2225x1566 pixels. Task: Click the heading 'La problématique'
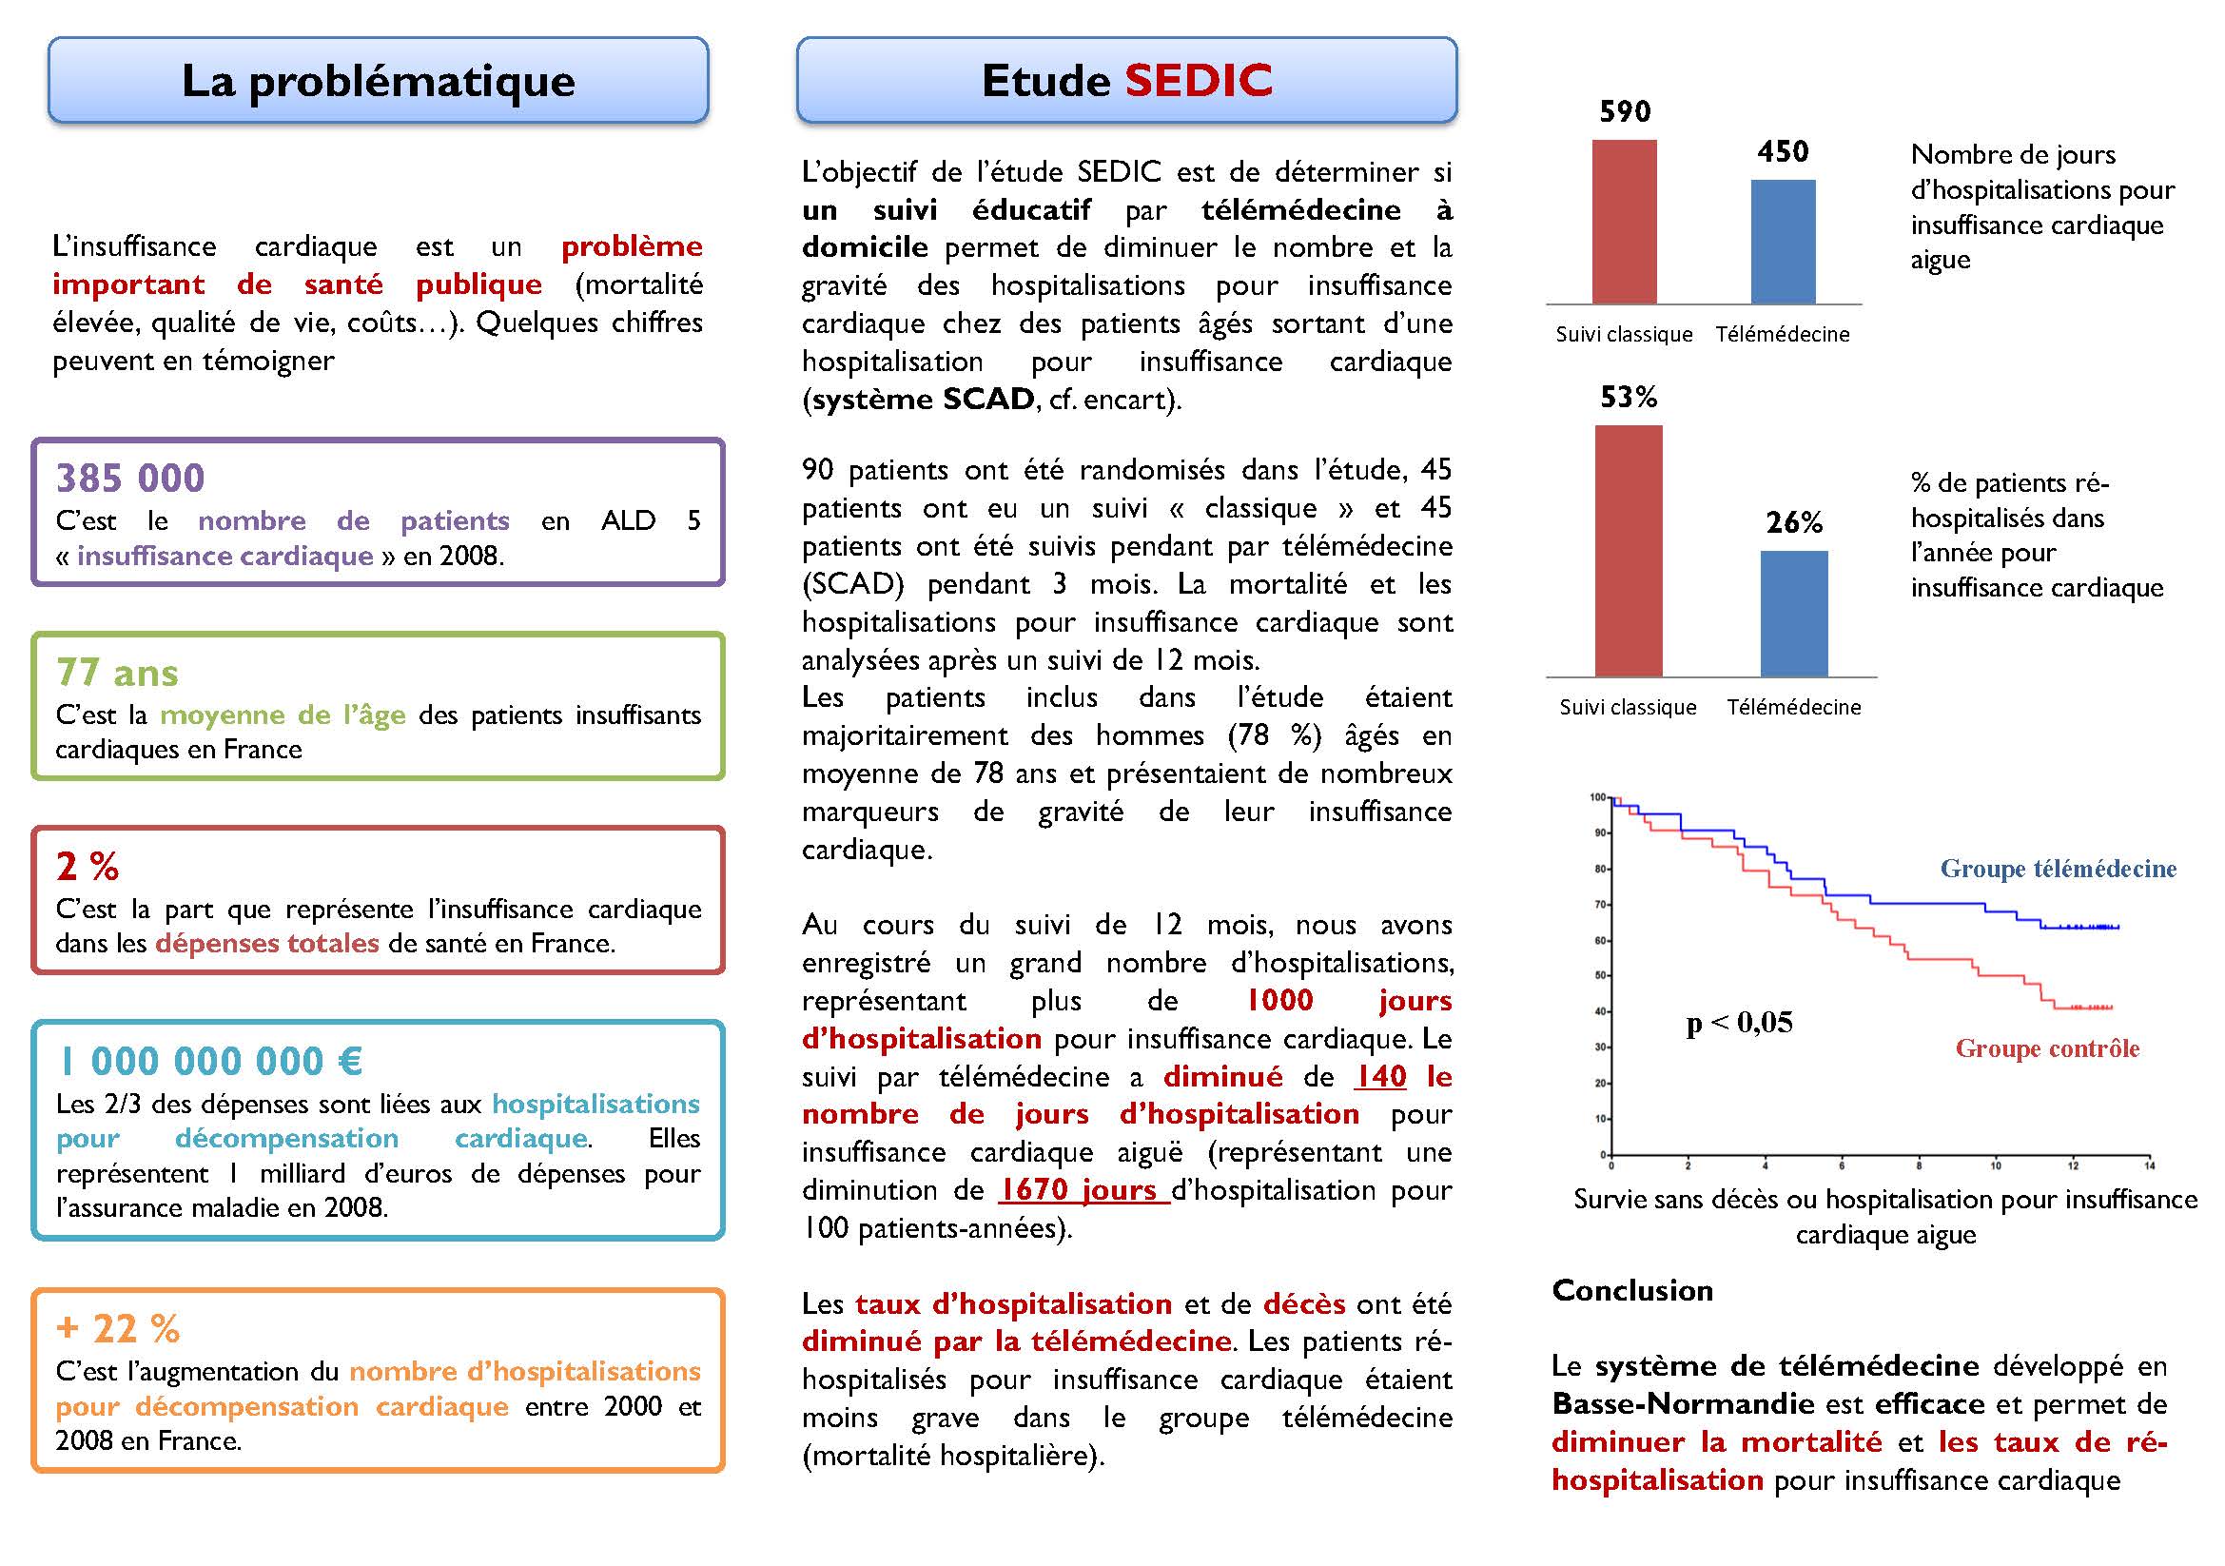(x=378, y=81)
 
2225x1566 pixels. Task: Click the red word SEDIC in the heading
(x=1199, y=81)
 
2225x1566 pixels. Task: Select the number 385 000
(x=130, y=478)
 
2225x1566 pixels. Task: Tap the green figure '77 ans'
(x=117, y=673)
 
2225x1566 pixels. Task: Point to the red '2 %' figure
(x=88, y=867)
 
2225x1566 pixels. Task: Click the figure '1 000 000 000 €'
(x=210, y=1061)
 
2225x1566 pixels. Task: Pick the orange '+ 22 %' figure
(x=118, y=1328)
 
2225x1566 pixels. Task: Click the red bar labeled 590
(x=1624, y=222)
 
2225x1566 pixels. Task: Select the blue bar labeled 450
(x=1783, y=243)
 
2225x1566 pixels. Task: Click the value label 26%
(x=1794, y=523)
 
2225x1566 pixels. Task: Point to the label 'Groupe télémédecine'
(x=2058, y=870)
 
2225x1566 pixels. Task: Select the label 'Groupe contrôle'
(x=2047, y=1048)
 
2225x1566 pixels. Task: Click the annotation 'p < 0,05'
(x=1740, y=1023)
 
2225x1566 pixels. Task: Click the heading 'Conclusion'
(x=1632, y=1291)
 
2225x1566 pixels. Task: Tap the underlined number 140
(x=1380, y=1077)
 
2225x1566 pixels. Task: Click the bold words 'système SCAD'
(x=923, y=400)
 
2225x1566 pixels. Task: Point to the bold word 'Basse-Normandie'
(x=1683, y=1404)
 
